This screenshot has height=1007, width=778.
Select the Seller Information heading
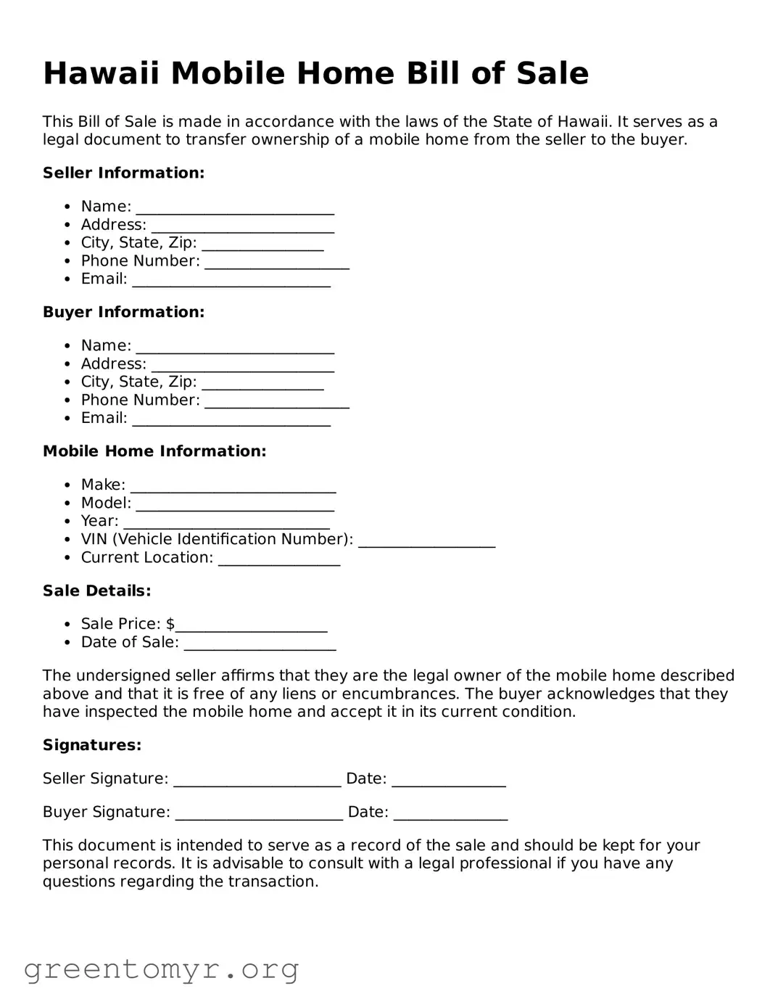[123, 173]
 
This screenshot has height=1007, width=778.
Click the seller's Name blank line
[235, 207]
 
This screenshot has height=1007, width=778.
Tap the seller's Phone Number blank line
[276, 262]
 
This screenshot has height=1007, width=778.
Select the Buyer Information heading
[123, 312]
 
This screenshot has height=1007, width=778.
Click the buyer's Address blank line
[242, 365]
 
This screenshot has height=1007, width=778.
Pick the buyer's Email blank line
[231, 419]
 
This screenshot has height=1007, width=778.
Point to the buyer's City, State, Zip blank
[262, 383]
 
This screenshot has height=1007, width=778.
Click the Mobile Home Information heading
[154, 451]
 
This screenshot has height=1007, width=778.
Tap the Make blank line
[233, 485]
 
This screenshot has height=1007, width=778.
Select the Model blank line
[235, 504]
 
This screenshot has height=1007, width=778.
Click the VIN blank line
[426, 541]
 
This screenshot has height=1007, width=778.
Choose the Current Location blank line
[278, 559]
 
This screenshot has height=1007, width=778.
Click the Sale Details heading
[96, 591]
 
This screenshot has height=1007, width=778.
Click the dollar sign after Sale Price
[170, 624]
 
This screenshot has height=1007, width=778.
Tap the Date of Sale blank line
[260, 644]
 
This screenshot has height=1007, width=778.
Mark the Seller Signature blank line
[257, 780]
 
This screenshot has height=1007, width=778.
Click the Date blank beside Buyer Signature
[450, 813]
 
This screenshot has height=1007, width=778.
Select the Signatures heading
[91, 745]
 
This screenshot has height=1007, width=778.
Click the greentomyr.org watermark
[161, 969]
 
